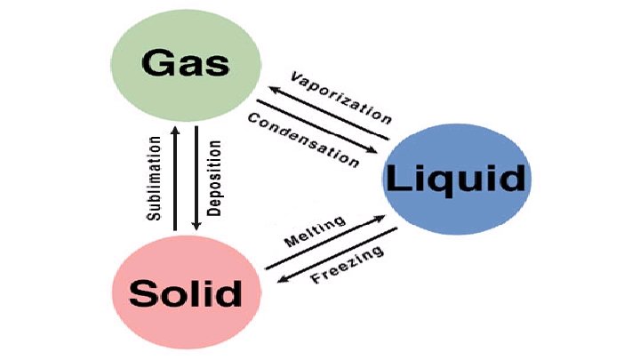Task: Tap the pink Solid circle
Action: pos(185,292)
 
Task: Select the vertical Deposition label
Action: pos(214,178)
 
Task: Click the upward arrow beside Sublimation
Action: pos(176,179)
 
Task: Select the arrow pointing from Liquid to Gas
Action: pos(329,110)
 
